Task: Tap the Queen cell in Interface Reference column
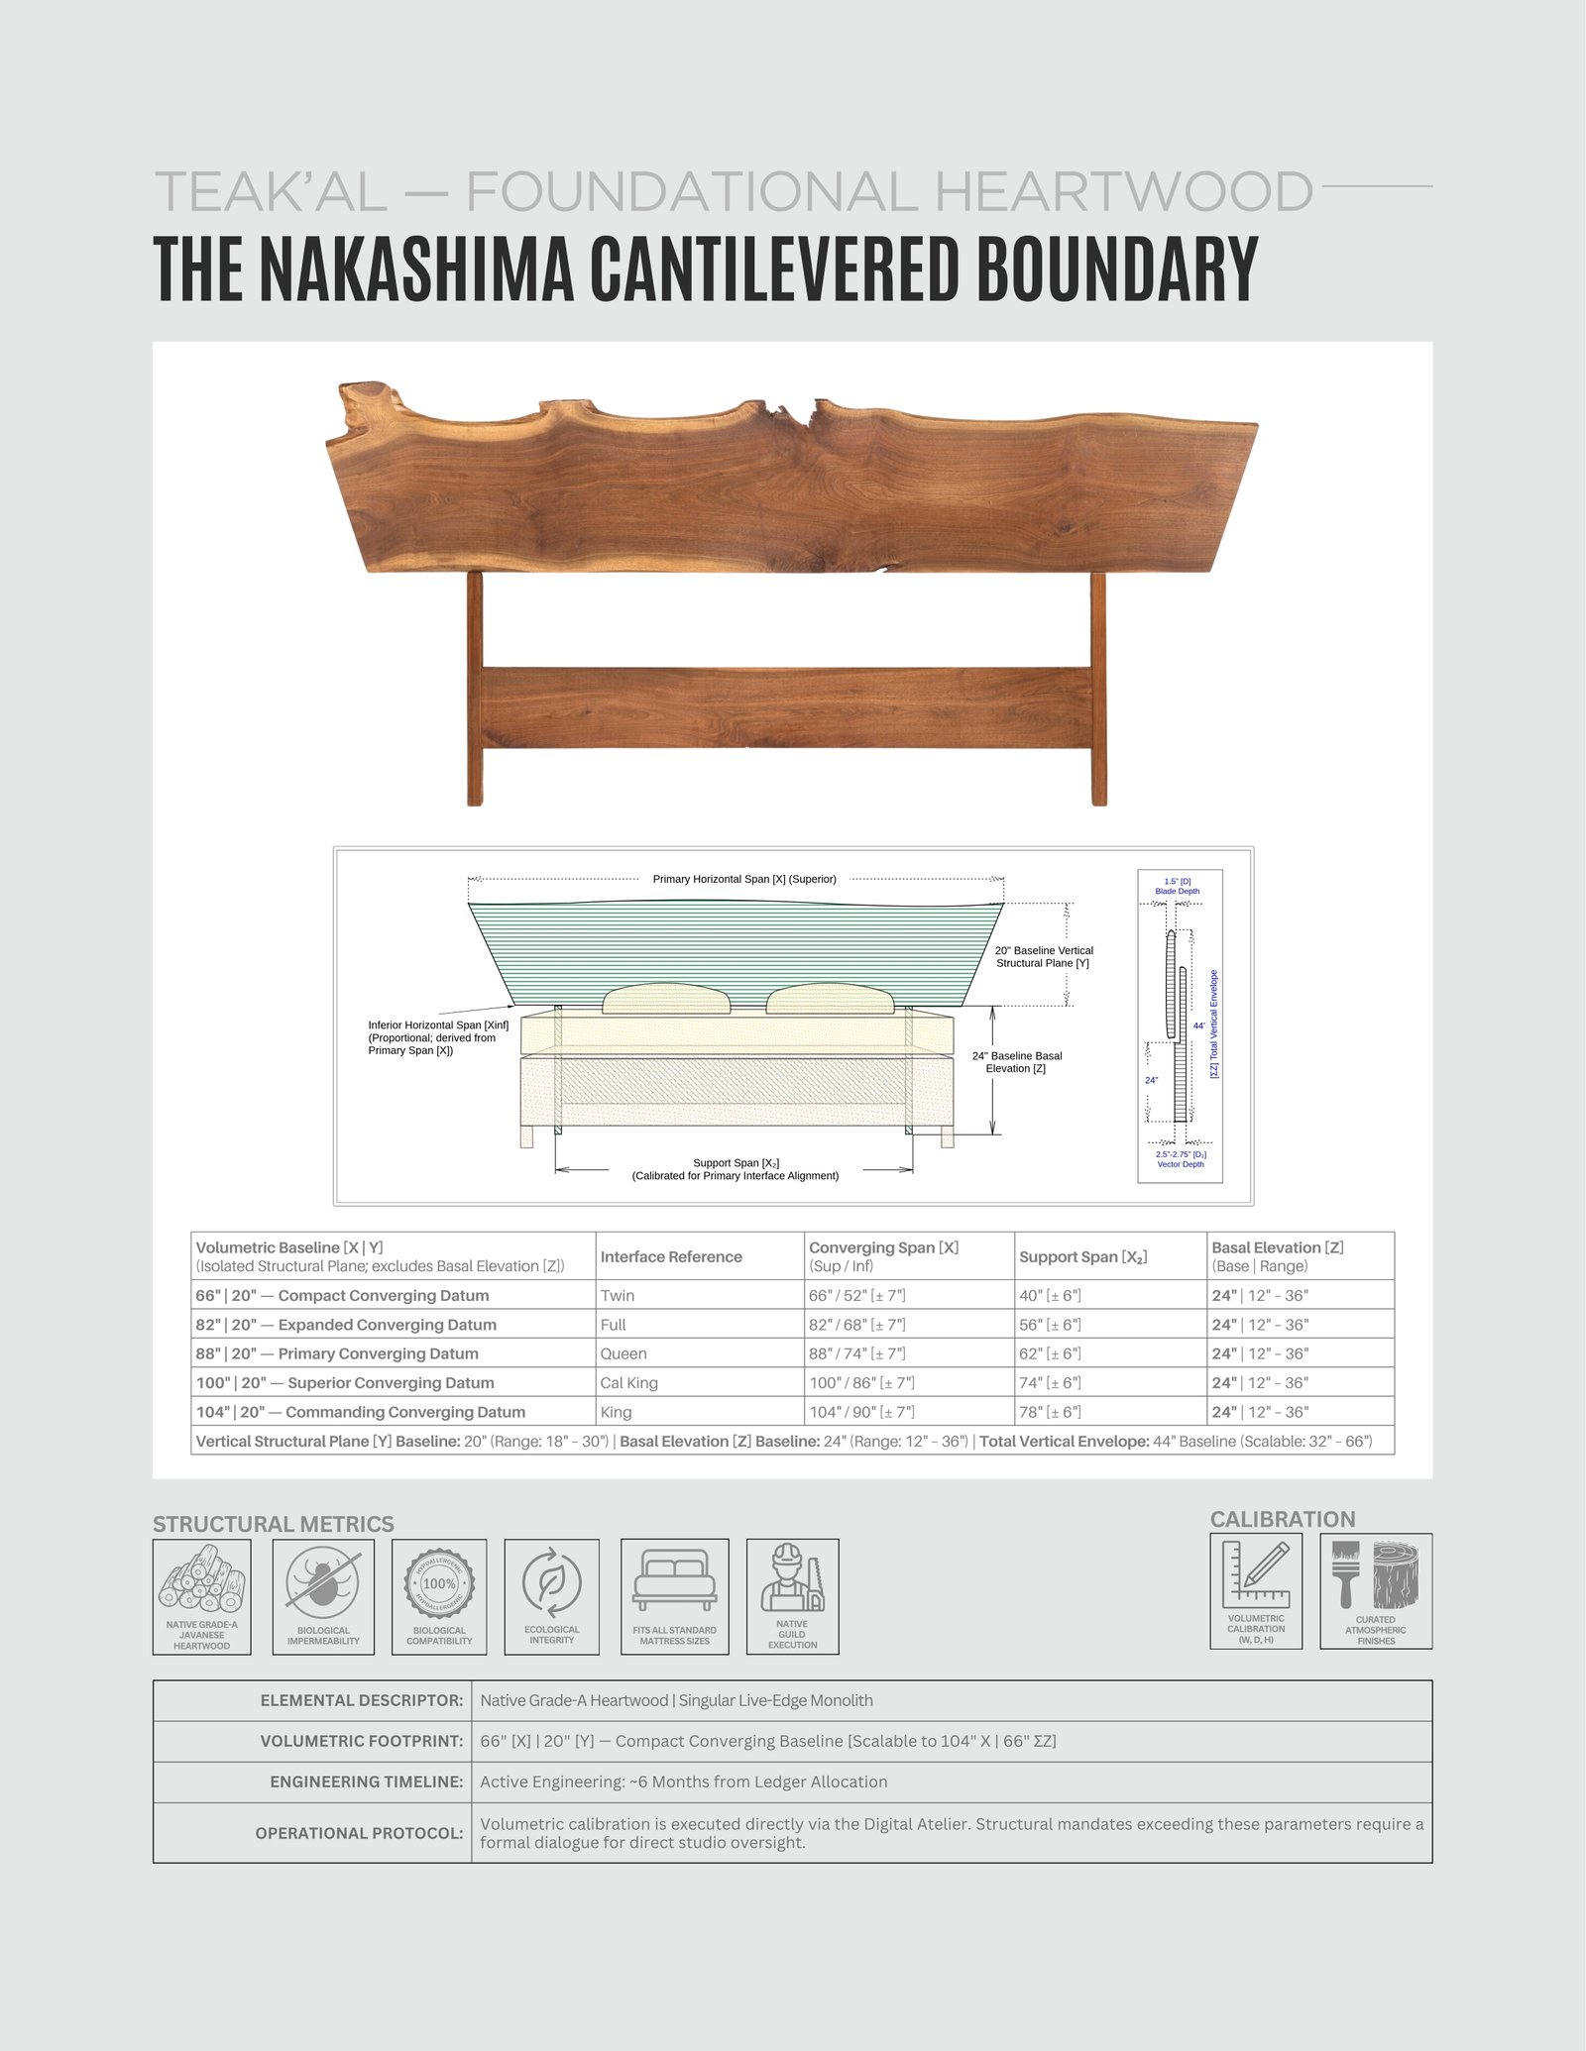coord(623,1353)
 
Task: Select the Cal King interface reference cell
coord(628,1382)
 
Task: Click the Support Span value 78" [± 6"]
coord(1050,1412)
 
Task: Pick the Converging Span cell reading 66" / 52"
coord(856,1295)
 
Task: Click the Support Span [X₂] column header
coord(1082,1256)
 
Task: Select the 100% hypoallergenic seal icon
coord(439,1582)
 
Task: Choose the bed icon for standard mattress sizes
coord(674,1580)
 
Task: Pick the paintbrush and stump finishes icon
coord(1376,1574)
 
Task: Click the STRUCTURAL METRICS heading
coord(274,1524)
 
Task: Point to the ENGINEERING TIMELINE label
coord(366,1781)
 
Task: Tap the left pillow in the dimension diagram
coord(666,999)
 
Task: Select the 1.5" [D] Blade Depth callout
coord(1178,886)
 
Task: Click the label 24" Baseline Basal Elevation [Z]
coord(1016,1062)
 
